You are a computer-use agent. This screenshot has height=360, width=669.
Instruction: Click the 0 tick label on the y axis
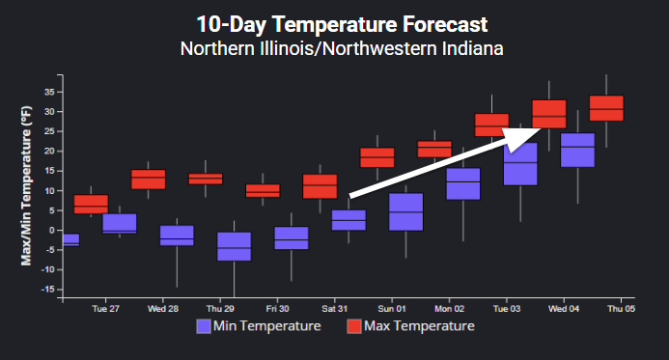50,230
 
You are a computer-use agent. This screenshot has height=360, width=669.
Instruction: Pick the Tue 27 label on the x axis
105,309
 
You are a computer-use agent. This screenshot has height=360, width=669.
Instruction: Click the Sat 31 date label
334,309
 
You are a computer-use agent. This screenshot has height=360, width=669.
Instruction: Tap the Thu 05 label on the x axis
619,309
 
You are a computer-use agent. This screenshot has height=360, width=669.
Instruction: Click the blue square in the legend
203,326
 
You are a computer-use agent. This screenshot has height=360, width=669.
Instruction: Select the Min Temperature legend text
267,326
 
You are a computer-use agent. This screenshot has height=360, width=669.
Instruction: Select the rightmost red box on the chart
606,108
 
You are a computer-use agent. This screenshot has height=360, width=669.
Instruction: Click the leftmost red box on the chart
91,204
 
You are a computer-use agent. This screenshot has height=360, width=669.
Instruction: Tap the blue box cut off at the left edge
70,239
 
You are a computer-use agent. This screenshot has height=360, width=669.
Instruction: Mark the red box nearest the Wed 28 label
148,179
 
